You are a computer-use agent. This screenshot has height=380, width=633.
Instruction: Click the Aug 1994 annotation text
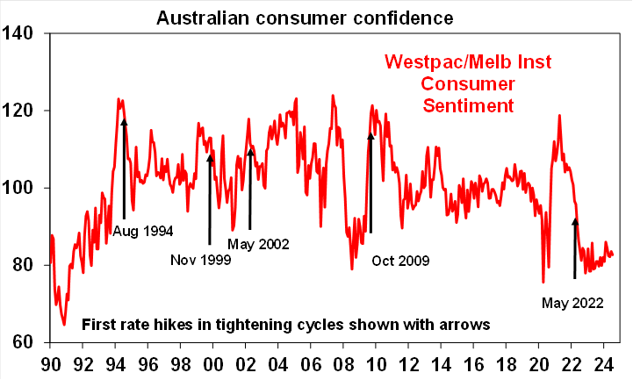(x=142, y=232)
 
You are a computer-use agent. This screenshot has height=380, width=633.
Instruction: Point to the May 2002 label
(x=258, y=244)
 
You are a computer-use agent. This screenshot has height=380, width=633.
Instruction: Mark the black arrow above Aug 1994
(x=124, y=167)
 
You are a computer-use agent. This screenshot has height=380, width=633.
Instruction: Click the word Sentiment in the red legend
(x=466, y=105)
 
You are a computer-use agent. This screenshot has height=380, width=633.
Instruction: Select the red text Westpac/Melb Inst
(x=466, y=63)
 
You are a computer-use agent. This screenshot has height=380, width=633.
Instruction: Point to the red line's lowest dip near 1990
(x=63, y=324)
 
